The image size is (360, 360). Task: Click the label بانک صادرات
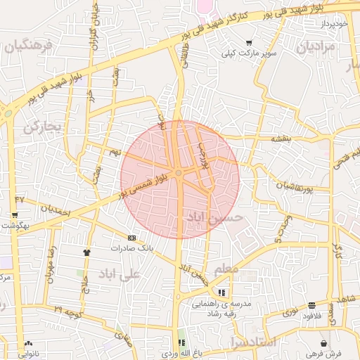(x=131, y=248)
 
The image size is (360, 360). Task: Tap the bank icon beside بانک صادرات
(x=131, y=238)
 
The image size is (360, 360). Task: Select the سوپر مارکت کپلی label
(x=249, y=53)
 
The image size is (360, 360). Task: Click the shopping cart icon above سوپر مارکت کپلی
(x=249, y=43)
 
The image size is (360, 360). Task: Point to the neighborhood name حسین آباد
(x=214, y=218)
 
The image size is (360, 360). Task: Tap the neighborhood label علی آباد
(x=120, y=273)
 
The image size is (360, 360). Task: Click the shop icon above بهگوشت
(x=15, y=215)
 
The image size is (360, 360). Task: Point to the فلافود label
(x=311, y=316)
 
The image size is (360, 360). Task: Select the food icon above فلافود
(x=311, y=305)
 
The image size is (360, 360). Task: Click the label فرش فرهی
(x=309, y=353)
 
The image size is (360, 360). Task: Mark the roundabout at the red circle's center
(x=179, y=173)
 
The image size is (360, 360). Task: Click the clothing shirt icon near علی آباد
(x=87, y=252)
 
